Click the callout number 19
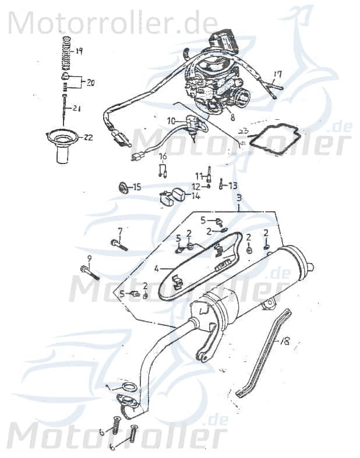(x=79, y=51)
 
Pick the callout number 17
(x=277, y=74)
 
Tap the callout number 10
(x=171, y=120)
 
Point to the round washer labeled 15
(x=123, y=187)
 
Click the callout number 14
(x=196, y=196)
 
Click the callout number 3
(x=238, y=199)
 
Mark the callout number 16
(x=163, y=156)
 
